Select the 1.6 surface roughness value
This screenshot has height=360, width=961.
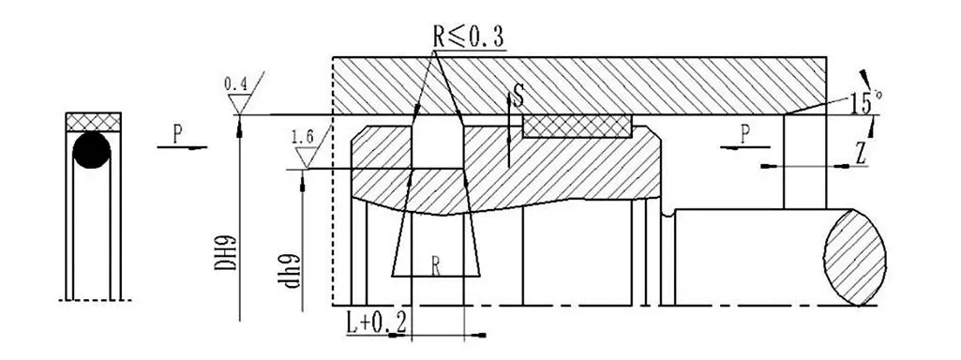[x=303, y=139]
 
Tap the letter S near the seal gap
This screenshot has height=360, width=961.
[x=518, y=97]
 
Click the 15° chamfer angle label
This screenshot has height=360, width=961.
[x=864, y=102]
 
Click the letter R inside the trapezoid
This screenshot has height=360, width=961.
[x=435, y=265]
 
